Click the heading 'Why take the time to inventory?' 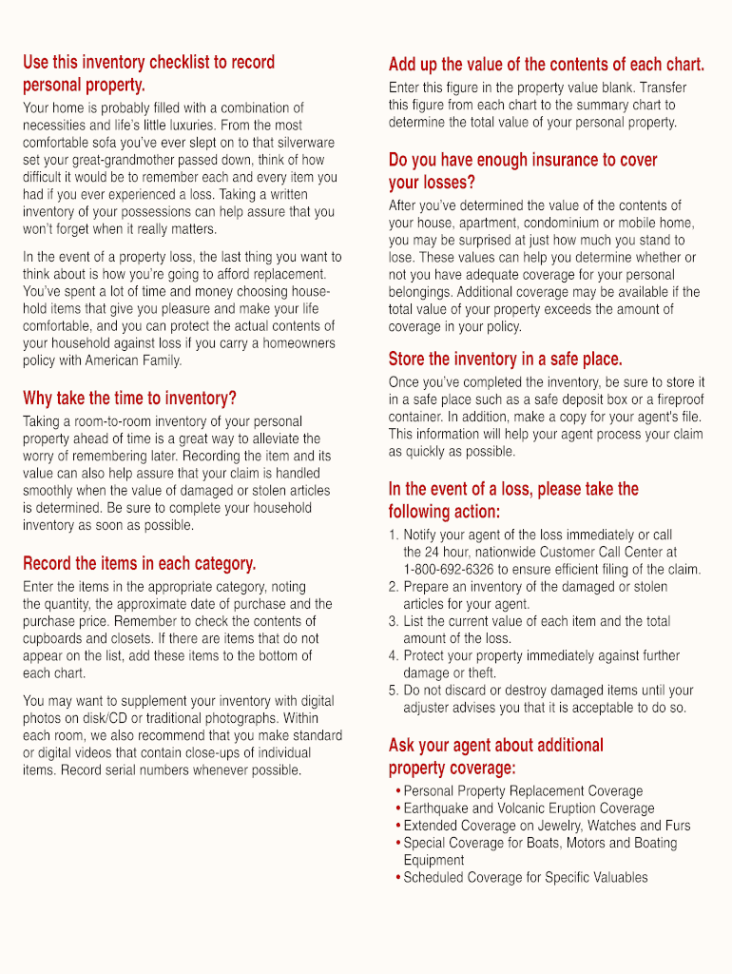(129, 398)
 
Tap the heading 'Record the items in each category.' (139, 563)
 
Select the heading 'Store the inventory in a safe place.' (505, 359)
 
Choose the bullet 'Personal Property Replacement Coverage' (523, 791)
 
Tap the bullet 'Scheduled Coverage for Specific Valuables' (525, 877)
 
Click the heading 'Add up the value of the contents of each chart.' (547, 65)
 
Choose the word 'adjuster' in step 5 (429, 708)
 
